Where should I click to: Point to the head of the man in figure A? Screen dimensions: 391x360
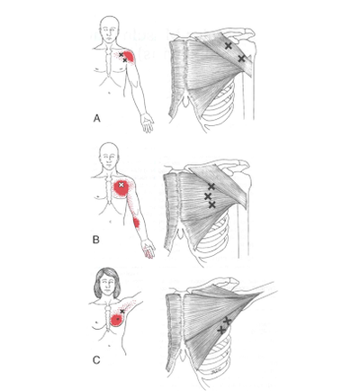108,24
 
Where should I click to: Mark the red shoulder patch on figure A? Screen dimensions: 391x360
129,57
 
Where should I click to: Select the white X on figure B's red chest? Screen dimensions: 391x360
121,186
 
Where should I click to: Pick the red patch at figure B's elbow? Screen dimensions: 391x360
136,222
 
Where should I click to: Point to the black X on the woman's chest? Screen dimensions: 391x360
121,311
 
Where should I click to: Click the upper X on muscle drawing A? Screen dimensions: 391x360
229,45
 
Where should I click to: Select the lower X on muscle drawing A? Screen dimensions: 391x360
242,59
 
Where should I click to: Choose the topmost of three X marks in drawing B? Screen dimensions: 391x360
211,186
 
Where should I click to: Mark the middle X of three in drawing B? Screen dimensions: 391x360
208,196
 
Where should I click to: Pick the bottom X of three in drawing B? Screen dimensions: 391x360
211,205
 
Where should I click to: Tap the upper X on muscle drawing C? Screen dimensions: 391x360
227,322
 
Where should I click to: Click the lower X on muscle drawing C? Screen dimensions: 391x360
220,331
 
